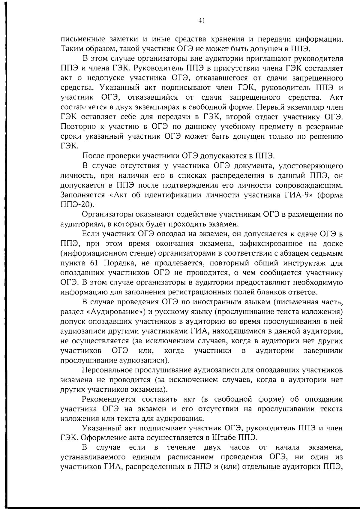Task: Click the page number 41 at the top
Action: click(201, 21)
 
